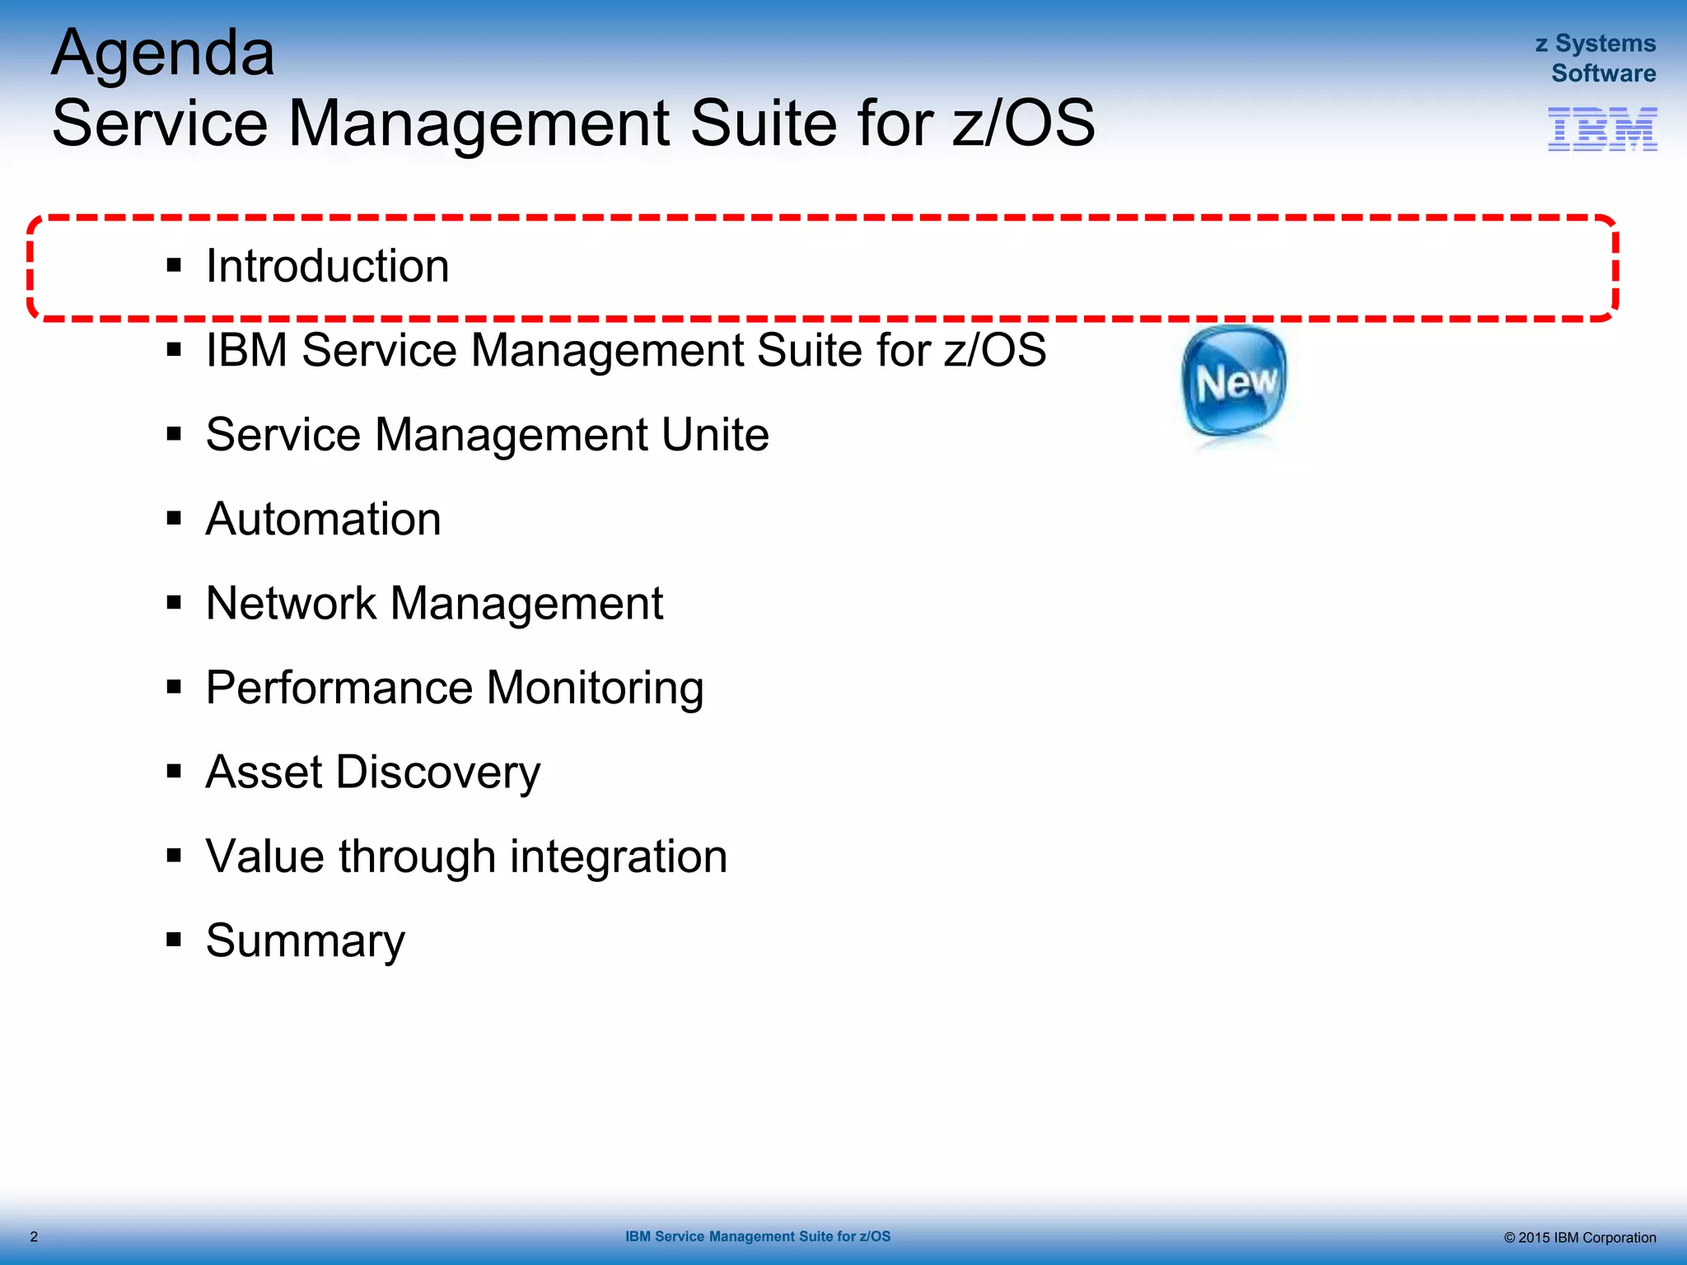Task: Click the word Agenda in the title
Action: pos(163,54)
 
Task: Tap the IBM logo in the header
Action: pos(1602,129)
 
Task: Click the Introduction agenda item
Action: pos(327,266)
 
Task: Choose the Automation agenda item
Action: pos(323,519)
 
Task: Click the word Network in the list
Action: pos(291,603)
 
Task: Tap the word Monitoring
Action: pos(595,688)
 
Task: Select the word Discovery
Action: pos(438,773)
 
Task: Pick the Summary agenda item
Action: pos(305,941)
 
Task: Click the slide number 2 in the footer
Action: pos(34,1236)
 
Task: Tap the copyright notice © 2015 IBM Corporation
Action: pos(1579,1237)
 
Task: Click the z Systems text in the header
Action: pos(1596,43)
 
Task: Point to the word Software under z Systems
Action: pos(1603,73)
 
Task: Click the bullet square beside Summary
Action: pos(174,940)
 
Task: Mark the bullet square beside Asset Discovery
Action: pos(174,772)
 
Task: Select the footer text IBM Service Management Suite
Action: pos(757,1236)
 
